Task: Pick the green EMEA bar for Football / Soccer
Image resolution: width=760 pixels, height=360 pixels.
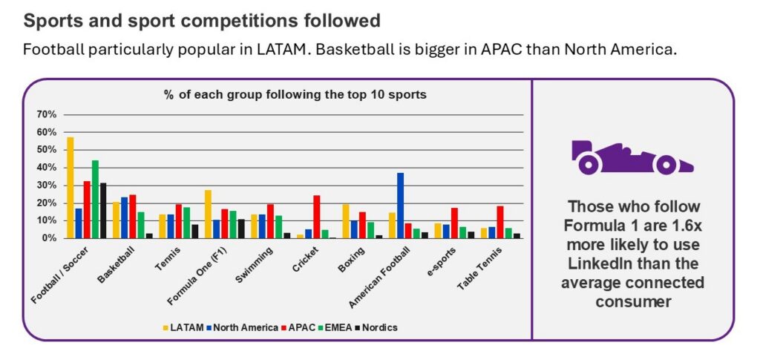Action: pyautogui.click(x=95, y=199)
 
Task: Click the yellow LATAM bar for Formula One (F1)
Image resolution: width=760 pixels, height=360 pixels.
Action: pyautogui.click(x=208, y=214)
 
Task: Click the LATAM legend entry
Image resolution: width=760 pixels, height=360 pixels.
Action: pyautogui.click(x=185, y=327)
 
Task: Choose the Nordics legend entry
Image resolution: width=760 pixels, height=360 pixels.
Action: pyautogui.click(x=378, y=327)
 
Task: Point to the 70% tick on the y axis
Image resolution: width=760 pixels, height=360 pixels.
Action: pyautogui.click(x=46, y=114)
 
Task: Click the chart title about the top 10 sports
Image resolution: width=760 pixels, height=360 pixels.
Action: pyautogui.click(x=295, y=95)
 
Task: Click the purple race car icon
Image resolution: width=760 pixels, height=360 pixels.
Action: pyautogui.click(x=632, y=157)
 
